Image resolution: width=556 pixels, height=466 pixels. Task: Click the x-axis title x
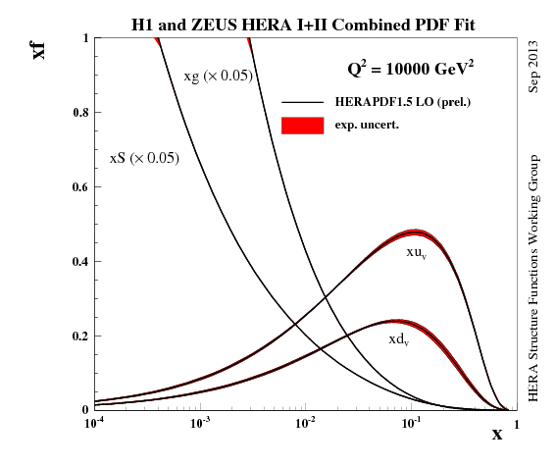(496, 433)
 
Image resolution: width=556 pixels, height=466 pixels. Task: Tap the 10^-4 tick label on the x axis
(95, 425)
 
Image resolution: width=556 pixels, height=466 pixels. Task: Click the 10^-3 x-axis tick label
(200, 425)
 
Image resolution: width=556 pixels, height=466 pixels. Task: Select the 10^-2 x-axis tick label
(305, 425)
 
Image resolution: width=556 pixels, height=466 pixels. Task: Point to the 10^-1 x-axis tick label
(410, 425)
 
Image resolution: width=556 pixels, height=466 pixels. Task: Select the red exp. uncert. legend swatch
(302, 126)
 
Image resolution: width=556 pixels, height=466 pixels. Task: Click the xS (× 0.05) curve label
(143, 157)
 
